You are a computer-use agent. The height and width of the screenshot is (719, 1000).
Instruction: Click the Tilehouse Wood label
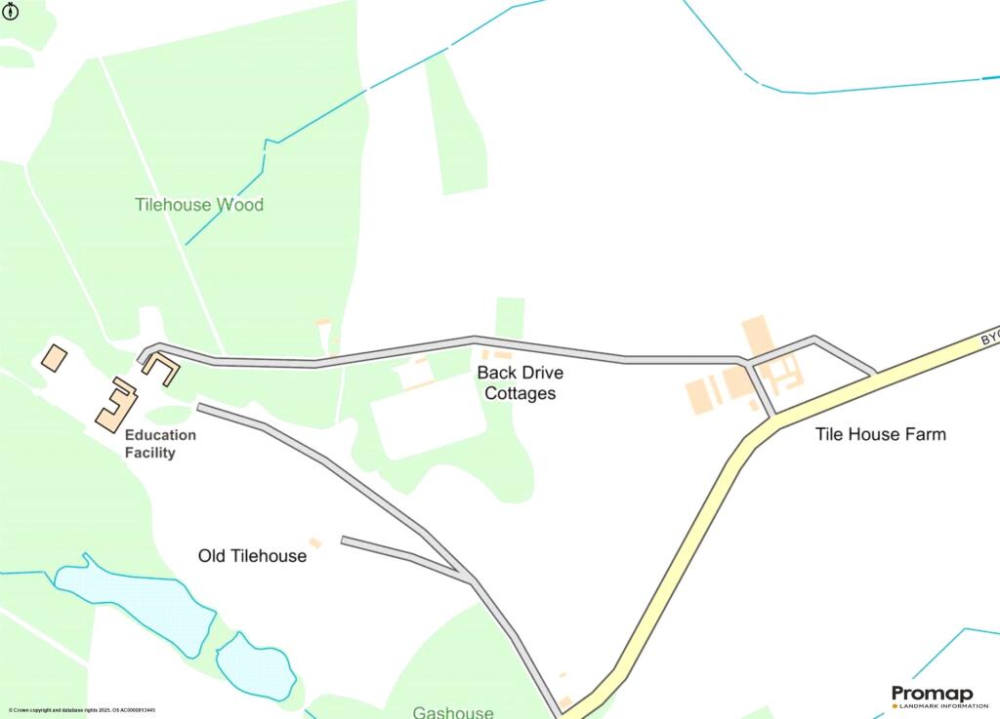click(x=199, y=205)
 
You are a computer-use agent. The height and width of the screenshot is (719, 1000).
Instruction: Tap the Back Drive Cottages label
click(x=520, y=383)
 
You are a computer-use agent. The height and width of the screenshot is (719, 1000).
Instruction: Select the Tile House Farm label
click(x=880, y=434)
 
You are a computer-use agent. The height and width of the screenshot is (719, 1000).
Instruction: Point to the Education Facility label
click(x=160, y=444)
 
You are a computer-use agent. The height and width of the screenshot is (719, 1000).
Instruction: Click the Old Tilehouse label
click(x=252, y=556)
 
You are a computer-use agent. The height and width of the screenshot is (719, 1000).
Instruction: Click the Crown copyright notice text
click(x=82, y=710)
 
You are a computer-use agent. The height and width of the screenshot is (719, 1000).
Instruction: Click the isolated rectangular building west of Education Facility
click(x=54, y=356)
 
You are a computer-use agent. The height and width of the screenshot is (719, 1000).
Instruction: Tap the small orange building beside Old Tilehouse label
click(x=315, y=542)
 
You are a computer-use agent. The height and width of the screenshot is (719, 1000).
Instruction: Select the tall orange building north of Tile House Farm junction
click(x=756, y=336)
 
